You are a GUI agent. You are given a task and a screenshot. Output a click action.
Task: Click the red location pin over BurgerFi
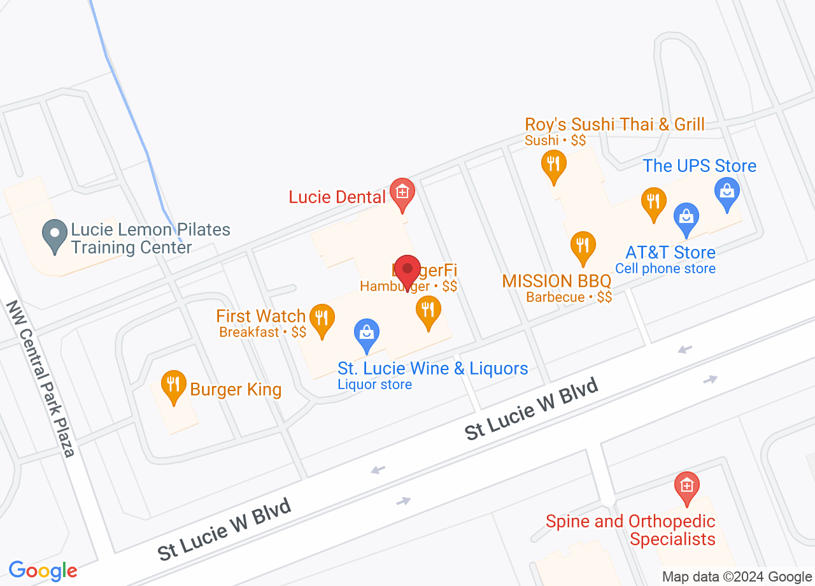[407, 269]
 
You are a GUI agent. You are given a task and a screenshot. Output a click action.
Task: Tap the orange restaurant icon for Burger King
[173, 385]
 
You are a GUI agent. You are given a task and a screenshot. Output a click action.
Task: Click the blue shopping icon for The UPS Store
[726, 192]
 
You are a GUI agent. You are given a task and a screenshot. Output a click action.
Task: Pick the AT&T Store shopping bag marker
[686, 217]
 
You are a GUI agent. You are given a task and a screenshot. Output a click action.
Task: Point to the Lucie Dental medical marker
[402, 192]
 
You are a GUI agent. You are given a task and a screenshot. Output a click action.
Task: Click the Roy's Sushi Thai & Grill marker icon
[554, 164]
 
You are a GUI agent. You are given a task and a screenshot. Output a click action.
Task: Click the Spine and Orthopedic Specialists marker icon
[686, 487]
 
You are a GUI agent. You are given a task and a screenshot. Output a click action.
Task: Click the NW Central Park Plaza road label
[41, 378]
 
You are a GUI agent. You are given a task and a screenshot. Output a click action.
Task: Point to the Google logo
[43, 570]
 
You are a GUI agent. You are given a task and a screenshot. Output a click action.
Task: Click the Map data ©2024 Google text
[737, 577]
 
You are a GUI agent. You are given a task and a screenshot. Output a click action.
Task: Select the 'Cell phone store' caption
[665, 269]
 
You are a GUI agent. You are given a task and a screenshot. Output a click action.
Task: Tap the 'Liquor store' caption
[374, 385]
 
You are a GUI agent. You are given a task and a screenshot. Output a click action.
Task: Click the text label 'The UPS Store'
[699, 166]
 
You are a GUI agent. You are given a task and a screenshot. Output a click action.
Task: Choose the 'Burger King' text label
[236, 389]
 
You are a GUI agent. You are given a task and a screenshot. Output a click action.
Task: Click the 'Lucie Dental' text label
[337, 197]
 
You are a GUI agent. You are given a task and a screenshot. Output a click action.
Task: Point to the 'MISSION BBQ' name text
[556, 281]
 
